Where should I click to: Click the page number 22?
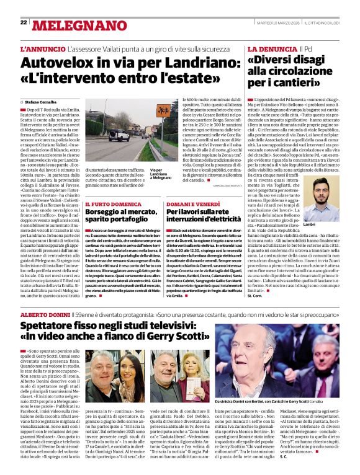24,22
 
